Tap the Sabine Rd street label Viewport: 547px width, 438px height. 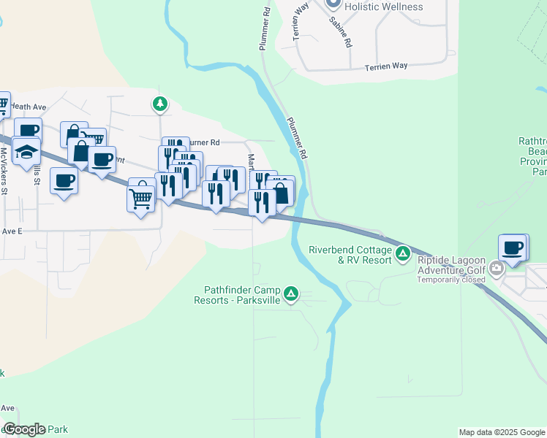[340, 32]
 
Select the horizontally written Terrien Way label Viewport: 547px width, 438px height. [385, 66]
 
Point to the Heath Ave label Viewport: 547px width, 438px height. [29, 107]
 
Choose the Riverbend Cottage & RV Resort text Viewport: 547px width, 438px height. [350, 254]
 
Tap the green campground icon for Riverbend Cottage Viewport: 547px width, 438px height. [402, 254]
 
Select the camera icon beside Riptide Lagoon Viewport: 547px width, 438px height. [497, 269]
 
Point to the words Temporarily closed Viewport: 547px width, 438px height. [452, 280]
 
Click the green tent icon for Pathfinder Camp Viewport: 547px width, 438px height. [291, 294]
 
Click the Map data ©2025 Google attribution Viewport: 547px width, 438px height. [501, 432]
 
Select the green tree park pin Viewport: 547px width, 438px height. [159, 104]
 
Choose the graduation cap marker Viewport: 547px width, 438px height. [26, 152]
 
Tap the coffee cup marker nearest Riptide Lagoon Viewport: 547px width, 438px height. [513, 247]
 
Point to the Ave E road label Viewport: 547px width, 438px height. [12, 231]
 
